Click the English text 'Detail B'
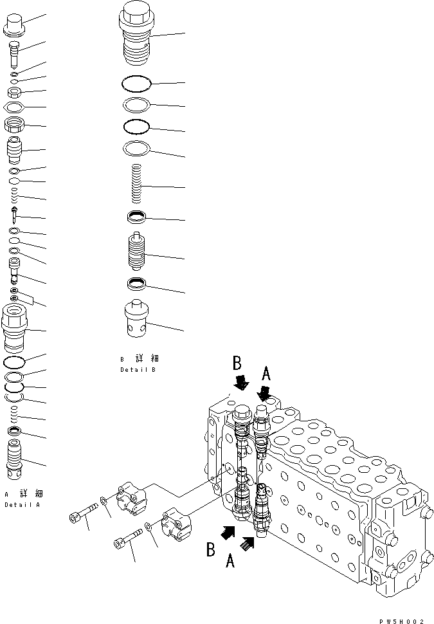[138, 370]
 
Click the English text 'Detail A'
[23, 505]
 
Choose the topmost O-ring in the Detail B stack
[136, 83]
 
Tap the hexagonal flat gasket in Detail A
[14, 106]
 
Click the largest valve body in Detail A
[15, 327]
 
